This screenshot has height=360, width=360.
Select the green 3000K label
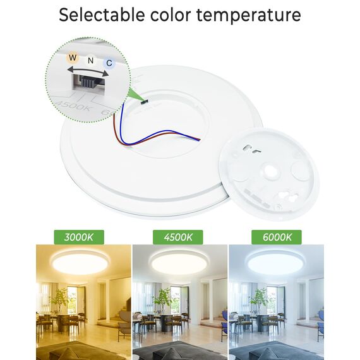coord(79,237)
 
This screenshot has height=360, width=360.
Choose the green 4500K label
coord(177,237)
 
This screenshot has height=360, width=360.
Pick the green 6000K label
coord(276,237)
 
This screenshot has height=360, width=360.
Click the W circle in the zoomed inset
coord(73,57)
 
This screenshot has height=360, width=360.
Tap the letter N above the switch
coord(91,61)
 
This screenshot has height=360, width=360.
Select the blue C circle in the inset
coord(109,63)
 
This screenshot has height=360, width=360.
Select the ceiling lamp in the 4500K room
coord(179,262)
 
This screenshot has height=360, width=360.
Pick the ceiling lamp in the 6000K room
coord(275,262)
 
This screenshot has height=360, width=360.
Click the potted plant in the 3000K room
coord(61,300)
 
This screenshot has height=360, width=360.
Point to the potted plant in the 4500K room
coord(163,300)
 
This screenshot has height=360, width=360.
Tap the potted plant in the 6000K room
coord(258,300)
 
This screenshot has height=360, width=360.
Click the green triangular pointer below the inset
coord(135,94)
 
